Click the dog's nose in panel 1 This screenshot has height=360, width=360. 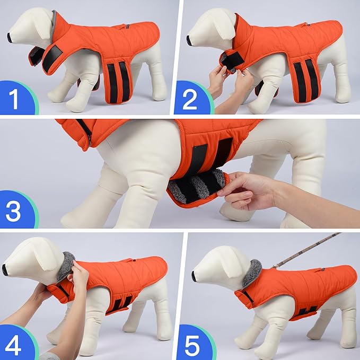[10, 37]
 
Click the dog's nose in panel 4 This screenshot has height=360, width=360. [5, 270]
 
